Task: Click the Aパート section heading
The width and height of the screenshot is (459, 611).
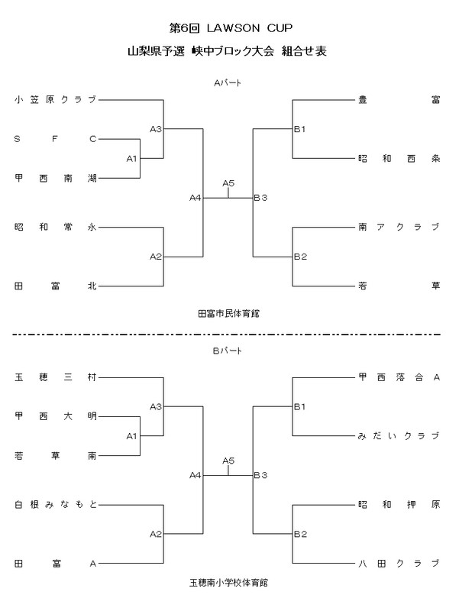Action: (x=228, y=82)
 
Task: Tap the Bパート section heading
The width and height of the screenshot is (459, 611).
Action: (x=228, y=351)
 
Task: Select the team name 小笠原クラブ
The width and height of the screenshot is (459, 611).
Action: (x=56, y=99)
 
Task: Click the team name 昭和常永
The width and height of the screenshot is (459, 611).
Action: (x=56, y=227)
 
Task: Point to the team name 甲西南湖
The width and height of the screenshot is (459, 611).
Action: (x=56, y=178)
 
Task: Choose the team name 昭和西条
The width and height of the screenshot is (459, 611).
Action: (x=399, y=159)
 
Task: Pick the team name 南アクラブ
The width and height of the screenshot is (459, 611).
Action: (x=399, y=227)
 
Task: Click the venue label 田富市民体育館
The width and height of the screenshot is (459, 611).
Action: (x=228, y=313)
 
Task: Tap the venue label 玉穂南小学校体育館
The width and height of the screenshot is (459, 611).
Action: (x=228, y=583)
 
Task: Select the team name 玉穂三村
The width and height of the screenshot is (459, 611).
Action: (x=56, y=377)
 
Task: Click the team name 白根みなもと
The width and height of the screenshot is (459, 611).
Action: (x=56, y=504)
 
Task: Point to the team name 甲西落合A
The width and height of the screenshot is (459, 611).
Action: (x=399, y=377)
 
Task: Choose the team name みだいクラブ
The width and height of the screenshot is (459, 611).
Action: (x=399, y=435)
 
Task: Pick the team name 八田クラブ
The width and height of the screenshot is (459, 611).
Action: (x=399, y=564)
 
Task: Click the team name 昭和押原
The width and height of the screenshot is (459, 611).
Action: (x=399, y=504)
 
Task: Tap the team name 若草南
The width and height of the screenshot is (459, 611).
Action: (x=56, y=455)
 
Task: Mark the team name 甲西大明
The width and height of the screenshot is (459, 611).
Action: (x=56, y=416)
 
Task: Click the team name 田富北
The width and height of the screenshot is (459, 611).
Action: (x=56, y=286)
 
